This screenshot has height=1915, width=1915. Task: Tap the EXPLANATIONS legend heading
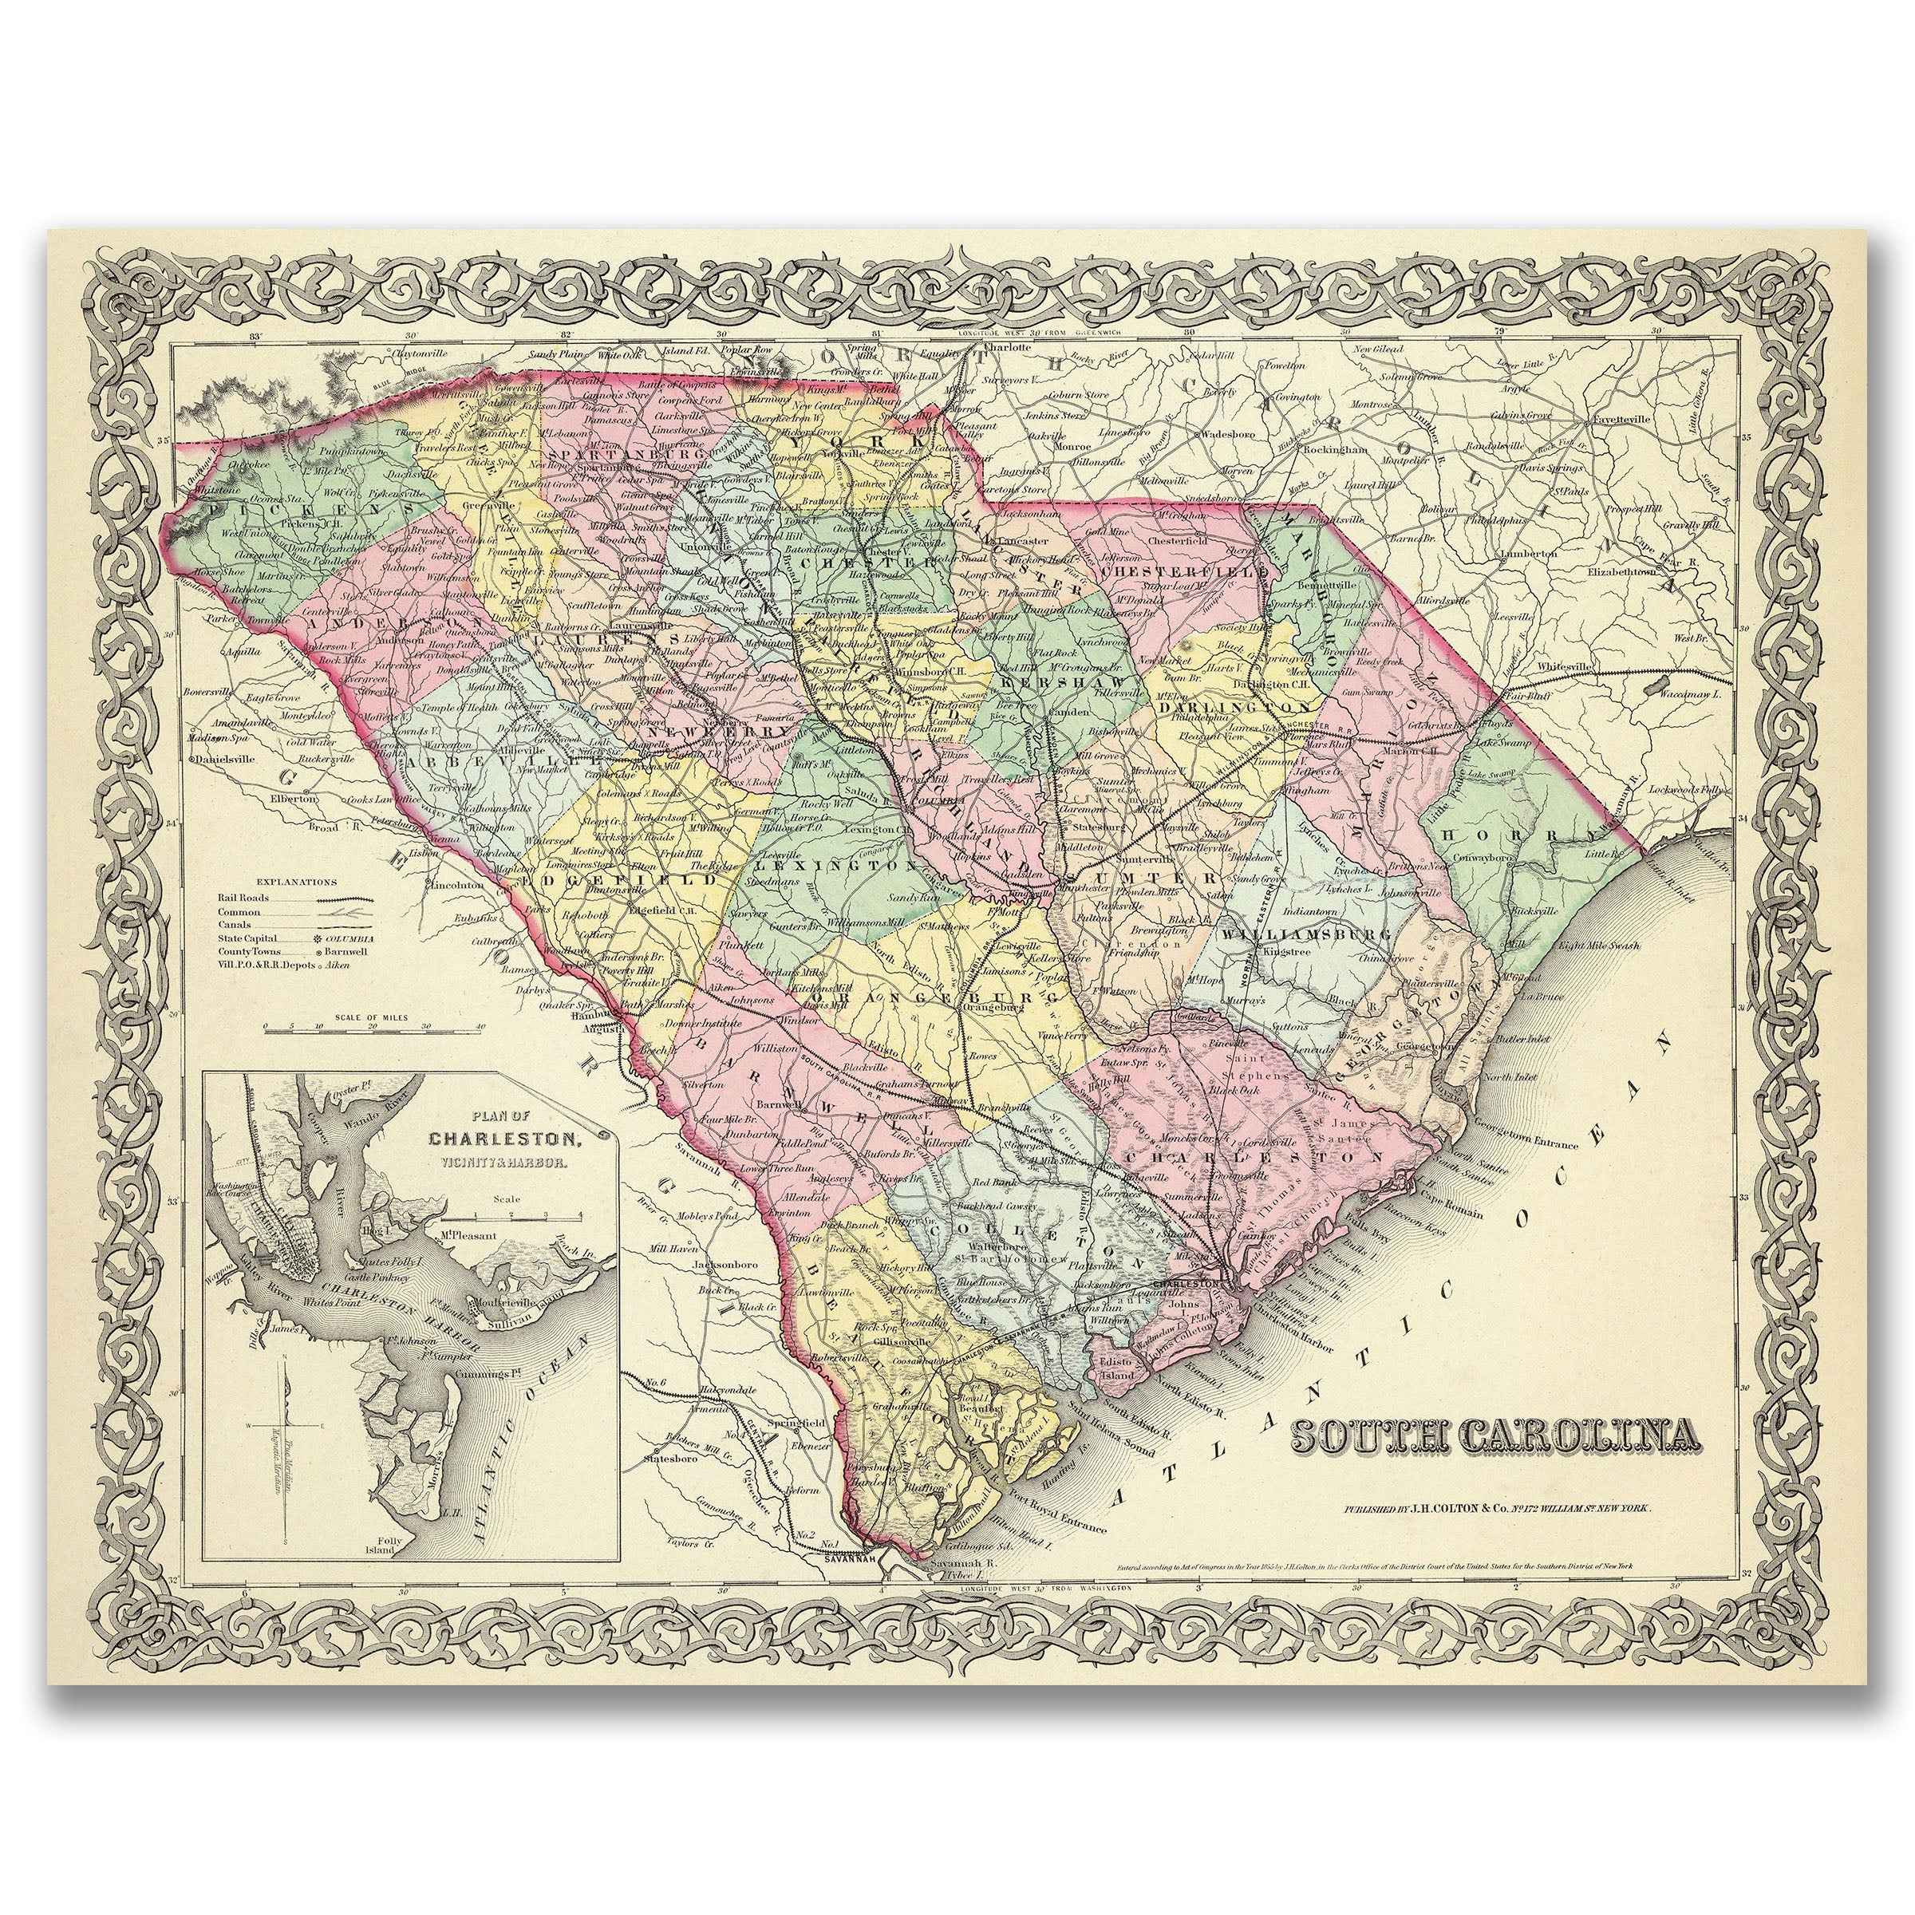tap(296, 880)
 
